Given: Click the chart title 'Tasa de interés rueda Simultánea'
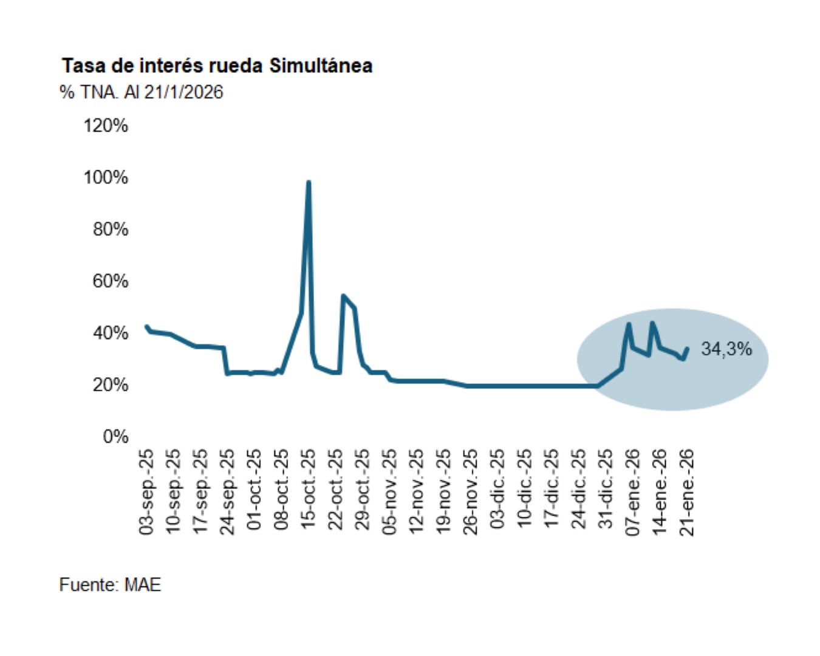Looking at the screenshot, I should (x=217, y=66).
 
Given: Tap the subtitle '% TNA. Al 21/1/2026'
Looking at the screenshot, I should (x=141, y=92).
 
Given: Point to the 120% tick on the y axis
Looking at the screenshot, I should (x=106, y=126).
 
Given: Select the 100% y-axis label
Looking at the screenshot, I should (x=106, y=177).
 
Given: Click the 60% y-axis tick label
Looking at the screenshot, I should (x=110, y=281).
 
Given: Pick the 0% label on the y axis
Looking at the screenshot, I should (x=115, y=437).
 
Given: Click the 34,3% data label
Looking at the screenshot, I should (x=726, y=349).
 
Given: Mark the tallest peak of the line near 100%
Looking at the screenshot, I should (x=309, y=182).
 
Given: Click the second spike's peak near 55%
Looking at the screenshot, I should (x=343, y=296).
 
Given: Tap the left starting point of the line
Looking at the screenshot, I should (x=146, y=327).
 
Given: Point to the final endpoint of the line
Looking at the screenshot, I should (x=687, y=349).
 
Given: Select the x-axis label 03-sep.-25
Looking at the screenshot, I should (x=147, y=492).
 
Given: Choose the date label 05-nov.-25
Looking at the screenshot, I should (x=389, y=492).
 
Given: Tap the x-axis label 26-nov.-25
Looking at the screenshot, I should (x=470, y=492).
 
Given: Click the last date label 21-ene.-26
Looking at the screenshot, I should (x=686, y=492).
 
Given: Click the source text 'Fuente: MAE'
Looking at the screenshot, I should (x=110, y=585).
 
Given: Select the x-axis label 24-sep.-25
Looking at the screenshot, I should (x=228, y=492).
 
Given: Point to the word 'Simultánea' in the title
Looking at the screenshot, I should (x=321, y=66).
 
